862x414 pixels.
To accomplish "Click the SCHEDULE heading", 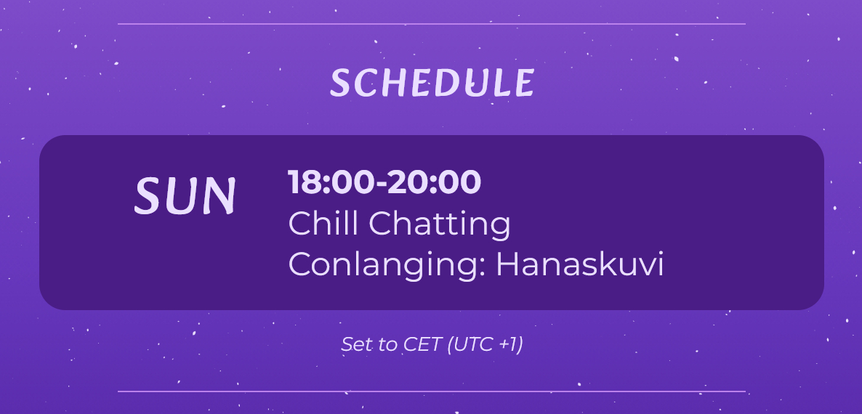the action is (432, 84).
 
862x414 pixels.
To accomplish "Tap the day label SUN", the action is (185, 195).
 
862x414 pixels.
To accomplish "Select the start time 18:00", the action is (331, 182).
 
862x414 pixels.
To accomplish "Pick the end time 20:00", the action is (434, 182).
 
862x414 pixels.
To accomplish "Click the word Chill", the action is (323, 224).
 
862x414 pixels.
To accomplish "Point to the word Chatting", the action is (439, 224).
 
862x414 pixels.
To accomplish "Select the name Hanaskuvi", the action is (579, 264).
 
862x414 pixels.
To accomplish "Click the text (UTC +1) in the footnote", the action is (485, 344).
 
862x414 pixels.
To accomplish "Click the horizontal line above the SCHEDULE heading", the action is (432, 24).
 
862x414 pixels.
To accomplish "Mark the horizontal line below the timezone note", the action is (432, 391).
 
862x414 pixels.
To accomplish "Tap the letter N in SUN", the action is (219, 195).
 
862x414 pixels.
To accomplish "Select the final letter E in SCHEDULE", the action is (525, 84).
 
